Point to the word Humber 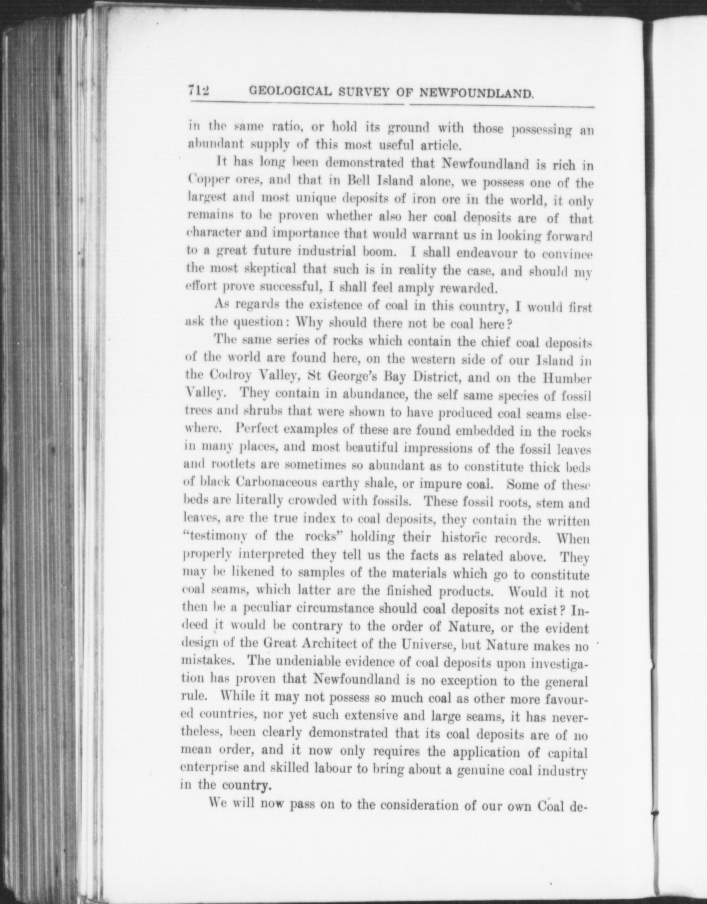click(563, 377)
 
